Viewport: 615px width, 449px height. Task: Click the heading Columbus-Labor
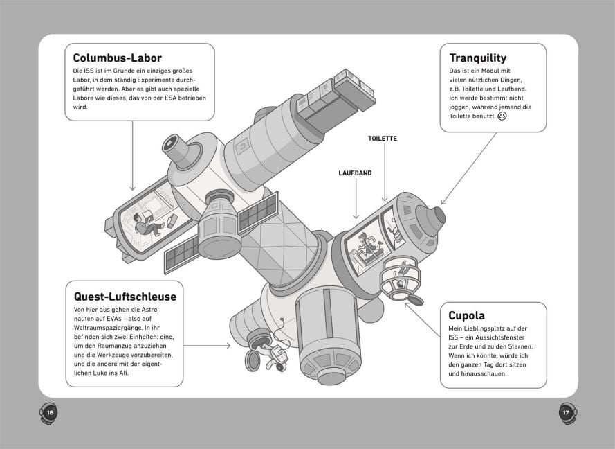(117, 58)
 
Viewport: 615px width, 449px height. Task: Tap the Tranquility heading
(477, 58)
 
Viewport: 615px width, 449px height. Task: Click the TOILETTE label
(382, 139)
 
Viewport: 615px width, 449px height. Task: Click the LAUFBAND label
(356, 173)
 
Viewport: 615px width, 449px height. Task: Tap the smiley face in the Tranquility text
(502, 117)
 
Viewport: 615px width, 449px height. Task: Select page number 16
(49, 412)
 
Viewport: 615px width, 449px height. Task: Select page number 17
(565, 412)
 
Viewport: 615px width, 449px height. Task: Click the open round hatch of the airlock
(253, 360)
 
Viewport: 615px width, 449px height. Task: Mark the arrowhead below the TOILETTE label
(384, 200)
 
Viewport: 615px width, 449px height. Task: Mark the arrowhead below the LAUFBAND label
(356, 218)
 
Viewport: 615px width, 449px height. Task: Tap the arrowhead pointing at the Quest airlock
(229, 345)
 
